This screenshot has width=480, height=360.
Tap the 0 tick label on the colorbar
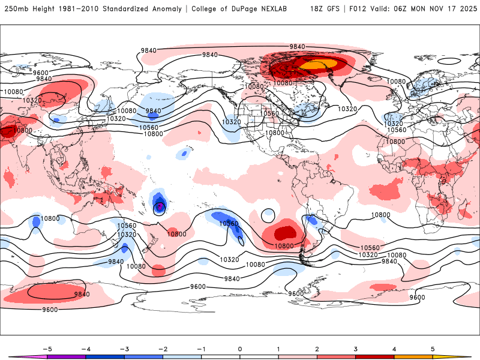pyautogui.click(x=239, y=349)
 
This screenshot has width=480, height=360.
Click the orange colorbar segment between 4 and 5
pyautogui.click(x=413, y=356)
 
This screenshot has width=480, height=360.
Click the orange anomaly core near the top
pyautogui.click(x=317, y=64)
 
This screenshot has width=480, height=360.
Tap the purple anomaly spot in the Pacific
pyautogui.click(x=160, y=207)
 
